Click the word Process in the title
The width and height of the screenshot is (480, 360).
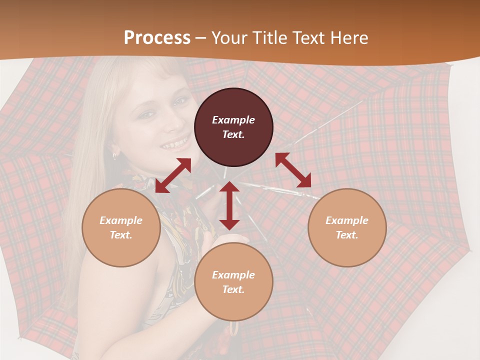[x=157, y=38]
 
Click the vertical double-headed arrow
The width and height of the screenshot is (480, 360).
[x=229, y=205]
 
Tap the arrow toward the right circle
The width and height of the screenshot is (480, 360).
[x=293, y=170]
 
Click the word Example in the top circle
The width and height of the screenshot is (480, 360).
[x=233, y=120]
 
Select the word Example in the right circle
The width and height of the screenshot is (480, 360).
[x=347, y=220]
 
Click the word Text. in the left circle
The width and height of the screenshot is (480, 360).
[x=121, y=235]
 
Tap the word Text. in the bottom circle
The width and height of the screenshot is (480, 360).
[x=233, y=289]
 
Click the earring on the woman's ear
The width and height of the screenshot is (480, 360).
[x=114, y=155]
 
